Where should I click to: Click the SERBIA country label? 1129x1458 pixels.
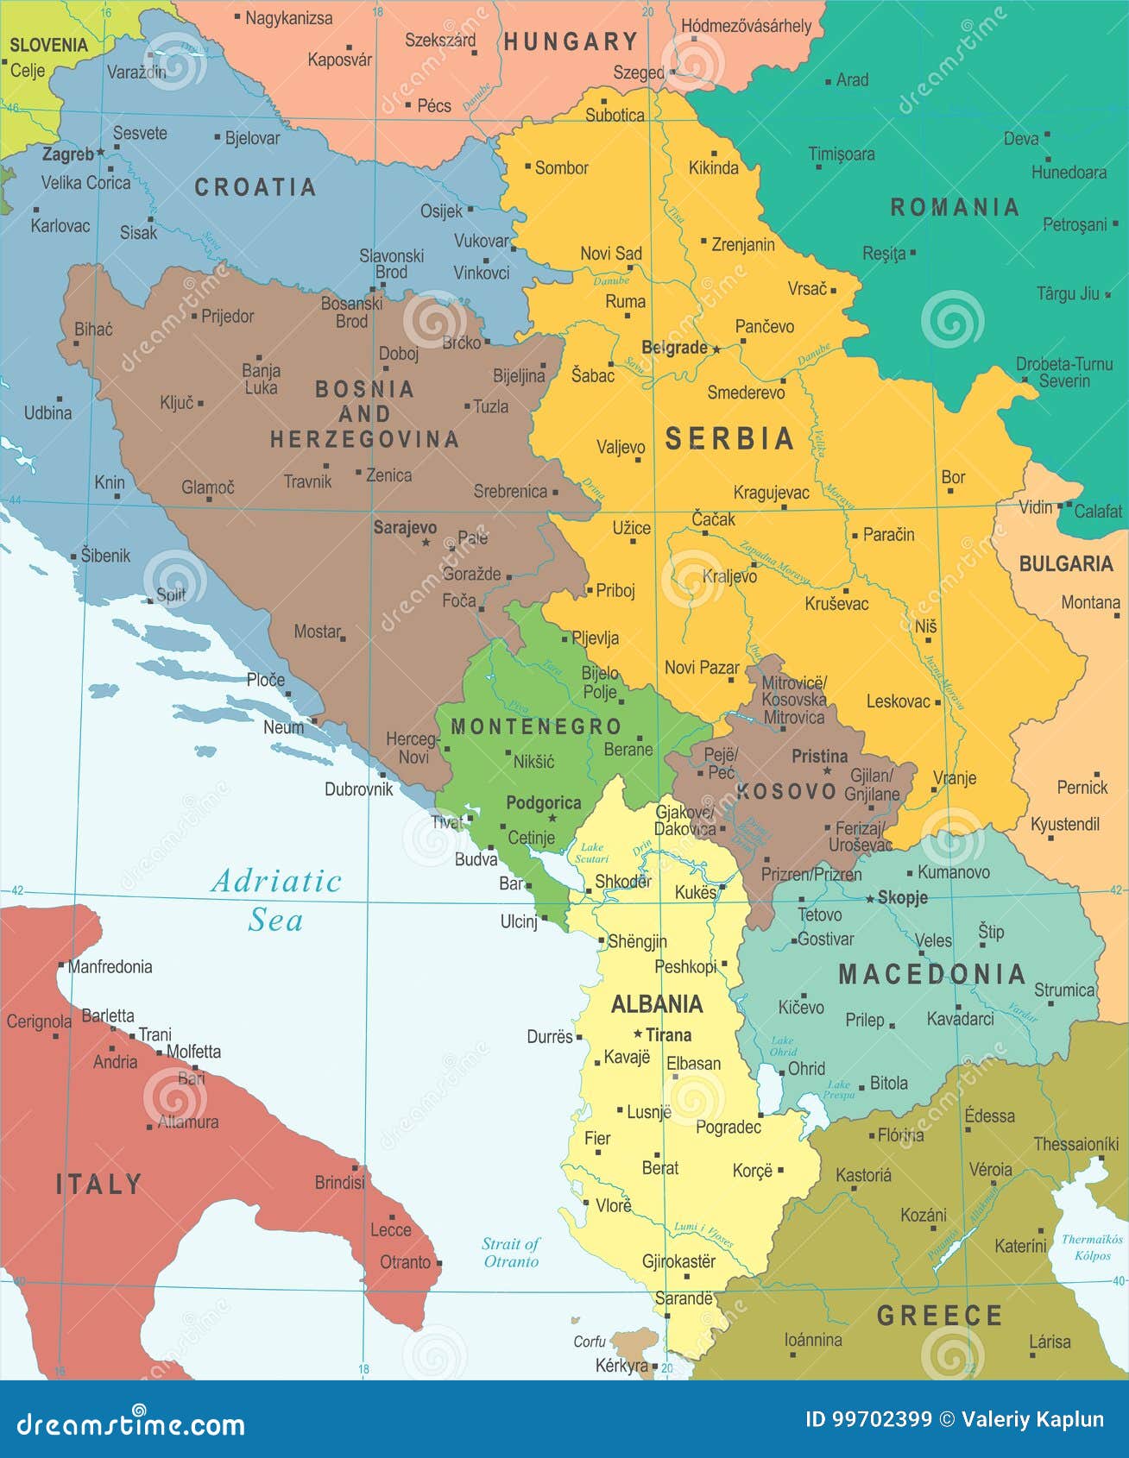click(729, 439)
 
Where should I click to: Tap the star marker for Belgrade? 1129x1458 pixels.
click(716, 349)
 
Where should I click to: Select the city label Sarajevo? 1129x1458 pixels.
click(405, 527)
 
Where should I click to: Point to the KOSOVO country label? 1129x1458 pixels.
click(786, 791)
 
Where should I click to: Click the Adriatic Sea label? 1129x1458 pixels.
click(276, 900)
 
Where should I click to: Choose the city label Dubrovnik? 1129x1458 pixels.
click(358, 789)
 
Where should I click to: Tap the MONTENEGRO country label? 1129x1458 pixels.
click(536, 726)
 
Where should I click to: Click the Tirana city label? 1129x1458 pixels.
click(668, 1034)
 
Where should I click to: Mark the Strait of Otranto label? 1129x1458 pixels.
click(510, 1252)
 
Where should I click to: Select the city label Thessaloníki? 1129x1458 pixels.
click(1075, 1144)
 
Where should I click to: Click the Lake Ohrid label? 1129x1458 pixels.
click(783, 1046)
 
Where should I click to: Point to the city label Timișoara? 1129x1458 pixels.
click(841, 154)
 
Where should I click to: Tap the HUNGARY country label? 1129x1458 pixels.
click(571, 41)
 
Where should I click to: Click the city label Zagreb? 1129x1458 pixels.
click(68, 154)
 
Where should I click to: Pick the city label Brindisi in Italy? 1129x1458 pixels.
click(339, 1182)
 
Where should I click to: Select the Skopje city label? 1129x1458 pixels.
click(902, 897)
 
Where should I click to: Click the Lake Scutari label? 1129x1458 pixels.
click(591, 852)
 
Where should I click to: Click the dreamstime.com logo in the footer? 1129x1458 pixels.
click(130, 1422)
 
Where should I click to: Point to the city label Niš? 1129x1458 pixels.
click(925, 626)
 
